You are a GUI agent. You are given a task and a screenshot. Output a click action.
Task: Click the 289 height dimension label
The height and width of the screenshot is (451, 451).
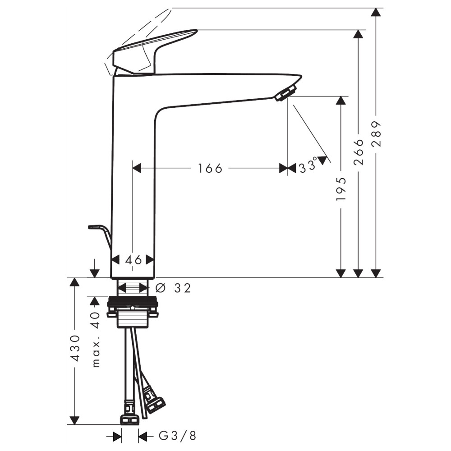(376, 134)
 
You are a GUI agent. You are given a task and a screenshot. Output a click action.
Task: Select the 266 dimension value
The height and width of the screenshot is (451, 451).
(359, 152)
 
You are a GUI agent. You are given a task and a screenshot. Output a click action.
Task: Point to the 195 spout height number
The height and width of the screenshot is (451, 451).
(341, 189)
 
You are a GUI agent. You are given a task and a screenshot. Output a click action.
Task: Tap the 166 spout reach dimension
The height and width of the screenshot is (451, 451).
(210, 168)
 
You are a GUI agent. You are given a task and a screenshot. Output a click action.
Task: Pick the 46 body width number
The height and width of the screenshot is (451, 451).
(134, 260)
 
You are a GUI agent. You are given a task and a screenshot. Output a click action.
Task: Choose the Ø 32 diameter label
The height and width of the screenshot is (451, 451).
(173, 288)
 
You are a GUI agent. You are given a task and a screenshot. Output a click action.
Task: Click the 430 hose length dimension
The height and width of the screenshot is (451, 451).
(75, 348)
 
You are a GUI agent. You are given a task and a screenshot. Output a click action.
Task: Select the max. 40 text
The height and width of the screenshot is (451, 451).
(96, 340)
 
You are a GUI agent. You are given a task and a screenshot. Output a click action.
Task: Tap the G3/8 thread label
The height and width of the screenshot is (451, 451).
(178, 436)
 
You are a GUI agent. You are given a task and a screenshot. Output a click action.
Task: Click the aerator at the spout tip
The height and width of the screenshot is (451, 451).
(285, 92)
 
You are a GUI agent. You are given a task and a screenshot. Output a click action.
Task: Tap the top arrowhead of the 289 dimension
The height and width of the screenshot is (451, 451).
(376, 12)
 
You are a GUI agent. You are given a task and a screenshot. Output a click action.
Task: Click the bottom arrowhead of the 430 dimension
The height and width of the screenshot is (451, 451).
(74, 420)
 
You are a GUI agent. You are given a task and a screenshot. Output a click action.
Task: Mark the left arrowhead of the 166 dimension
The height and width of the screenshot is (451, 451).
(137, 168)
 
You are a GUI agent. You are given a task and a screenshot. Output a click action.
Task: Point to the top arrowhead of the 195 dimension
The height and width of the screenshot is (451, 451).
(341, 101)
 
